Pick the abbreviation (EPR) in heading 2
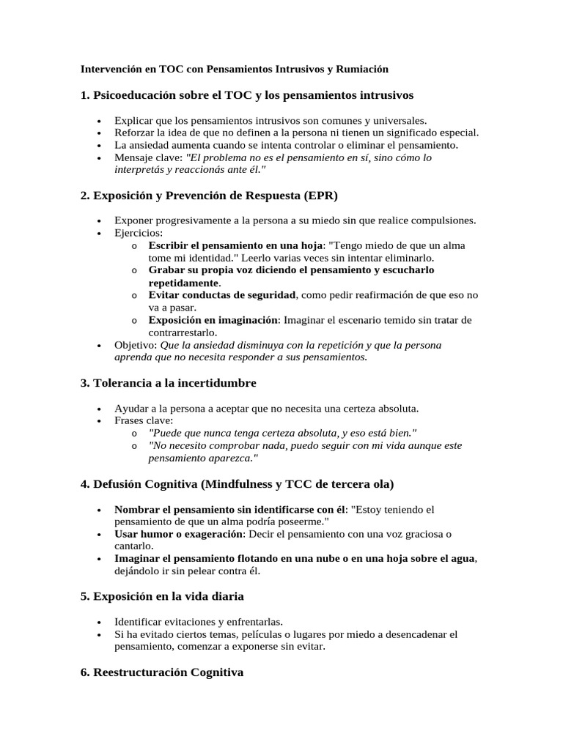click(313, 196)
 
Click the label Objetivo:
click(136, 345)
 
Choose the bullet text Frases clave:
click(144, 420)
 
